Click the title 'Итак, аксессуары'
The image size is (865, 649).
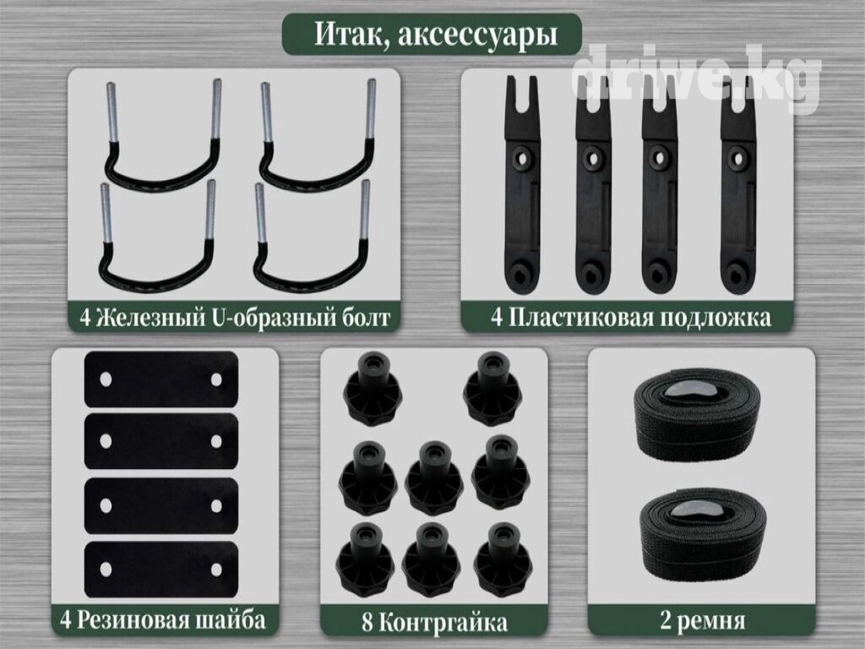435,34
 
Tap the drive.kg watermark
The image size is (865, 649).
697,76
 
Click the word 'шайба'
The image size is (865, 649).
231,619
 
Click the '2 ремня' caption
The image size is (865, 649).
702,620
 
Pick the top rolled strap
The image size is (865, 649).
698,416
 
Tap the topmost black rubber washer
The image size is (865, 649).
161,379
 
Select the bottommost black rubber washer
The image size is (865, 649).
161,570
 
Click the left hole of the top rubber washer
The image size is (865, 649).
106,379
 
